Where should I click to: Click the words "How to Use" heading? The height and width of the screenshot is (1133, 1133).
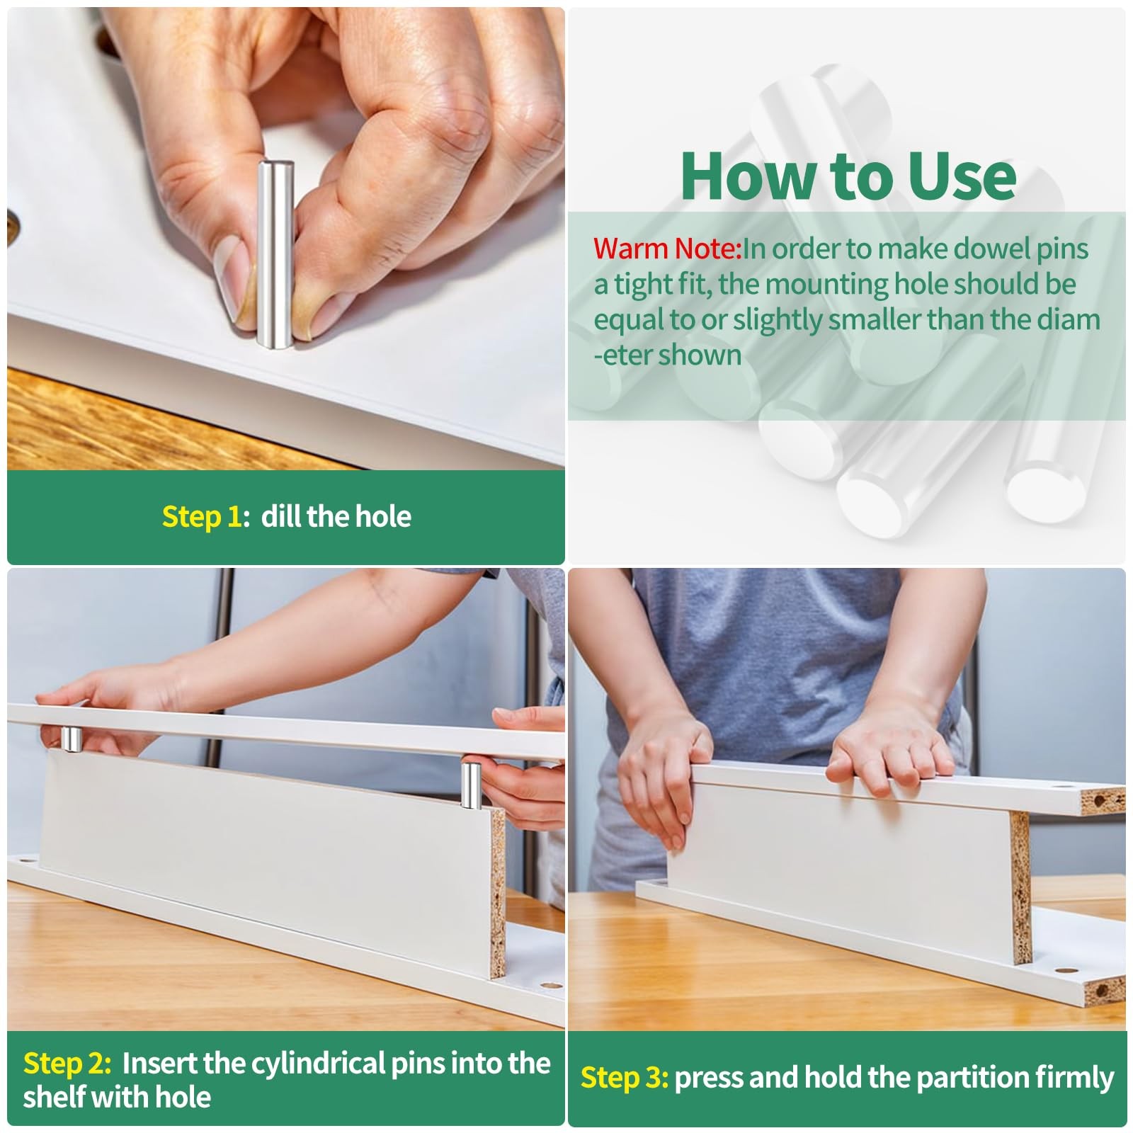click(x=848, y=176)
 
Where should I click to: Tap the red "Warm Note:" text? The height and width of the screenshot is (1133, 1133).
click(x=668, y=249)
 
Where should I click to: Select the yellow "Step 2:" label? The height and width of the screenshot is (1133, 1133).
click(x=67, y=1064)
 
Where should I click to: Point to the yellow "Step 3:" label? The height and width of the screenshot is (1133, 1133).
click(x=625, y=1078)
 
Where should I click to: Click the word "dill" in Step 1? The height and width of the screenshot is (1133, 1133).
click(x=279, y=516)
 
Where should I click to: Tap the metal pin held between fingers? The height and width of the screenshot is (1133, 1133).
click(x=275, y=254)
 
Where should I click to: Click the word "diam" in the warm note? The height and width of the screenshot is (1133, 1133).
click(x=1069, y=319)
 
